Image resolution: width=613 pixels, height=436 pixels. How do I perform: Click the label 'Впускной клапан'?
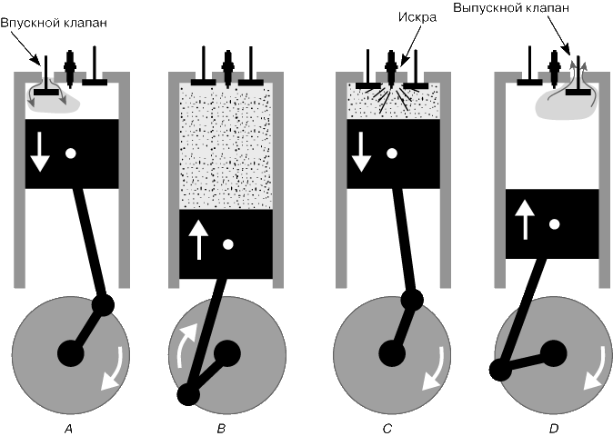[x=54, y=23]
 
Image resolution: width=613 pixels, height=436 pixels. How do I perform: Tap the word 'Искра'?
[x=417, y=16]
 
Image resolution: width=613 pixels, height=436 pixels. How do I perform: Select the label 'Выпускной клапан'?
[x=511, y=7]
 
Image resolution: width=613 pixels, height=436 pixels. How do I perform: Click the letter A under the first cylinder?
[x=68, y=429]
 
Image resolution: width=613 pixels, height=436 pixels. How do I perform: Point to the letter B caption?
[x=221, y=429]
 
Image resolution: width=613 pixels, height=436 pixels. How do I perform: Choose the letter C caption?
[x=387, y=429]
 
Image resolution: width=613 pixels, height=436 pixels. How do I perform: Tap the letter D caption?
[x=554, y=429]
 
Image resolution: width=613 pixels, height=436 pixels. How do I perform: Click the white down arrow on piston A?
[x=40, y=152]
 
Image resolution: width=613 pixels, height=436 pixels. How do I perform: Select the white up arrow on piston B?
[x=198, y=240]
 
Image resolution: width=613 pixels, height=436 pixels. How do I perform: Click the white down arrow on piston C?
[x=361, y=152]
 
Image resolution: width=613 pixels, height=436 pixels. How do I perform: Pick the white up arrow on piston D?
[x=525, y=220]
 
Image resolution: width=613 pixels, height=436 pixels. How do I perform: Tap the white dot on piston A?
[x=70, y=154]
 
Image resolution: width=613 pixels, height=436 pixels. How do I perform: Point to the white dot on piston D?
[x=554, y=224]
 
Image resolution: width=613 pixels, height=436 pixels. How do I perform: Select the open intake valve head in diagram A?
[x=46, y=92]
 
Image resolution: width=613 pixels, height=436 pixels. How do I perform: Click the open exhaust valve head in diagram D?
[x=578, y=92]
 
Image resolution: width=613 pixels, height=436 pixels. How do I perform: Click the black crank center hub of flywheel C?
[x=392, y=353]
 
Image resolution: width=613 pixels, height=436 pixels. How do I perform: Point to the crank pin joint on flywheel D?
[x=500, y=370]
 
